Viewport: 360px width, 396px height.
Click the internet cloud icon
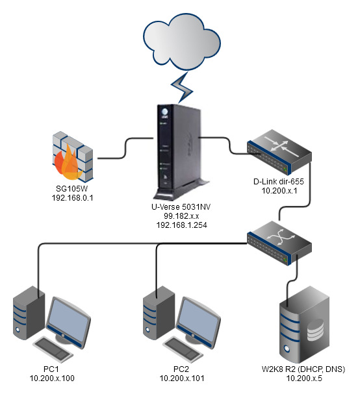pyautogui.click(x=182, y=42)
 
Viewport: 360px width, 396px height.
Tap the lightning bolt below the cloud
pyautogui.click(x=182, y=88)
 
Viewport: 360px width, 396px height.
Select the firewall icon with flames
pyautogui.click(x=73, y=157)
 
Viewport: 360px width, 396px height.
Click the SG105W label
pyautogui.click(x=72, y=189)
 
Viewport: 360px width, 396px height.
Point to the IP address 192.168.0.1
pyautogui.click(x=72, y=198)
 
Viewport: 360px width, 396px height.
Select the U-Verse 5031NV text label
pyautogui.click(x=181, y=207)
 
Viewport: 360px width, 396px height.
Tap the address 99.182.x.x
pyautogui.click(x=181, y=216)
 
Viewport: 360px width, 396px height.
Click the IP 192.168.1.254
pyautogui.click(x=181, y=225)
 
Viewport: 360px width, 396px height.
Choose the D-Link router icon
pyautogui.click(x=279, y=152)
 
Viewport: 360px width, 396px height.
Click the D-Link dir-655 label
pyautogui.click(x=279, y=181)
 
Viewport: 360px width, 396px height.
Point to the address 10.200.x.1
pyautogui.click(x=279, y=190)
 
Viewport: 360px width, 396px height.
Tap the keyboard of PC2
pyautogui.click(x=183, y=349)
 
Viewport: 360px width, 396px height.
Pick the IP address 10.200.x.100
pyautogui.click(x=52, y=378)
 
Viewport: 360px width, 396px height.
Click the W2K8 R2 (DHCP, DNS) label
pyautogui.click(x=303, y=369)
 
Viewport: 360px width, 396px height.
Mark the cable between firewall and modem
pyautogui.click(x=125, y=148)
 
